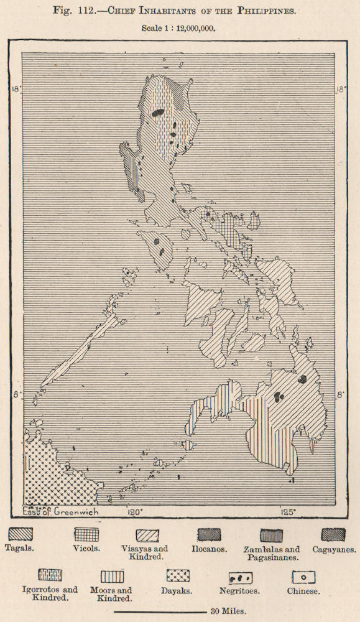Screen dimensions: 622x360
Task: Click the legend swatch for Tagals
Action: (x=19, y=534)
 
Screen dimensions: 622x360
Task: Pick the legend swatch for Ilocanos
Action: (x=208, y=534)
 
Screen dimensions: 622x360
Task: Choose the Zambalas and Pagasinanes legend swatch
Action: (x=271, y=535)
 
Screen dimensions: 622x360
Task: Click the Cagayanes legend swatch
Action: (x=333, y=534)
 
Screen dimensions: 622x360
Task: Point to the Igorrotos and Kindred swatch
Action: (x=50, y=575)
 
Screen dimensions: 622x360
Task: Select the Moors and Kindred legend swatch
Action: (x=112, y=577)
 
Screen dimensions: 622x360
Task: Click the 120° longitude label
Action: (x=134, y=512)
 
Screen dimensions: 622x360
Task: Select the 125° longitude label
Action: (x=288, y=512)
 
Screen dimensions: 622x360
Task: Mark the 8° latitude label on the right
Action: (x=341, y=394)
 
